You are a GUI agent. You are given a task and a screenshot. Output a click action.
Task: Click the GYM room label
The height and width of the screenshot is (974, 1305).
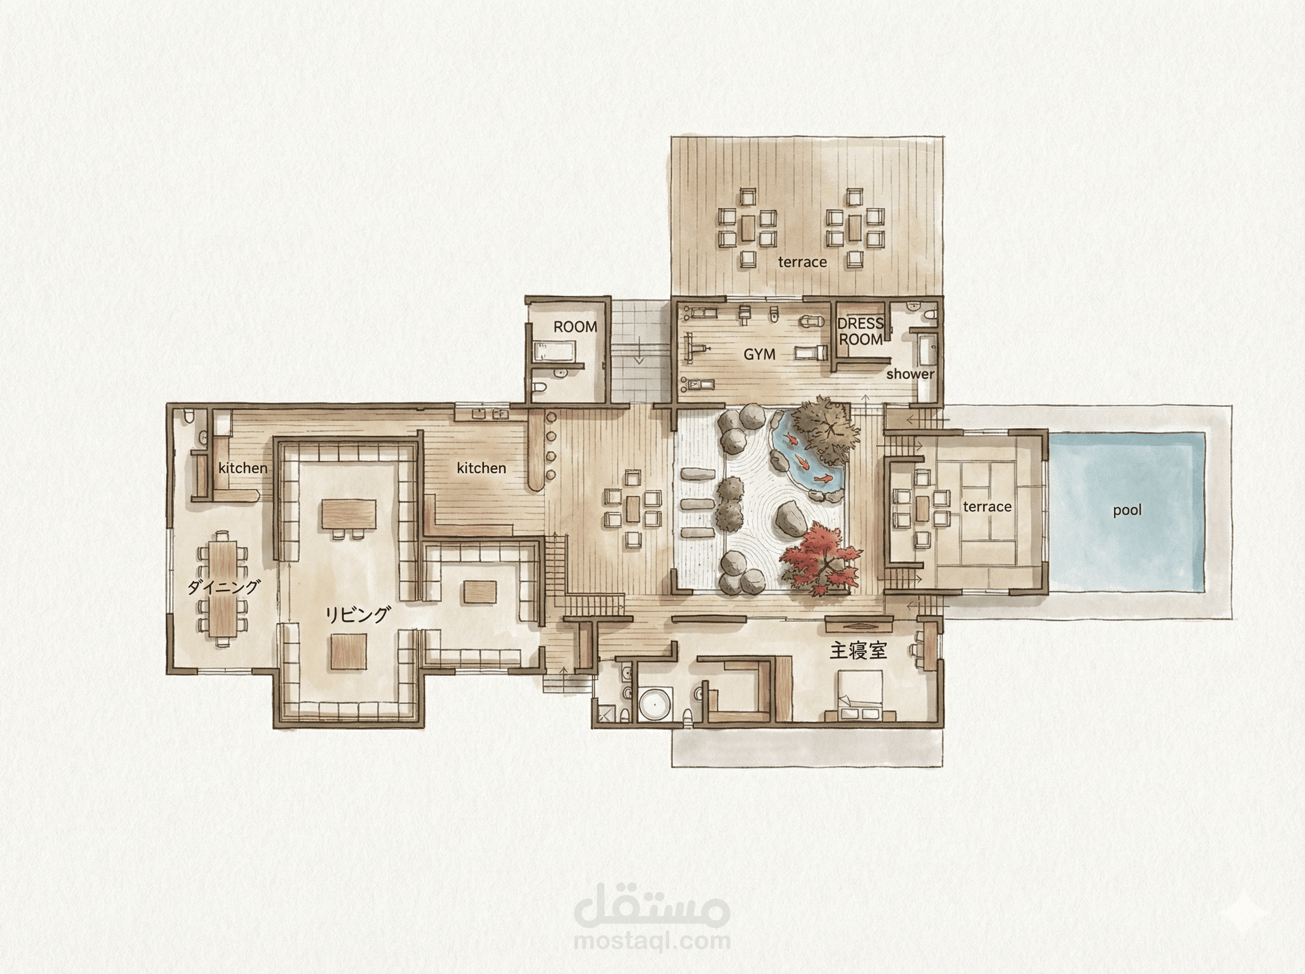coord(759,354)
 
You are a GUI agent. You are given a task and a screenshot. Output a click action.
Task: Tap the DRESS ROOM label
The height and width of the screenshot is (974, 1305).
coord(860,332)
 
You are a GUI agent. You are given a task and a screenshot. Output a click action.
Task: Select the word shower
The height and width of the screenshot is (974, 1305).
coord(910,374)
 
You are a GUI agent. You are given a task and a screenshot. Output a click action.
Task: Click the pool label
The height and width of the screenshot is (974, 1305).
coord(1127,510)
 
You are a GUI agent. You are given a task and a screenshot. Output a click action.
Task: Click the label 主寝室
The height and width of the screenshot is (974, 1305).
coord(858,651)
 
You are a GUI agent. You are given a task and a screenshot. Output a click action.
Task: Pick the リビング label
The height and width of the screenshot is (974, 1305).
coord(357,615)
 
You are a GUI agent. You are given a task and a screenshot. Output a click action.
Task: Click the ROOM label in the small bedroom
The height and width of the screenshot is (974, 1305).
coord(575,327)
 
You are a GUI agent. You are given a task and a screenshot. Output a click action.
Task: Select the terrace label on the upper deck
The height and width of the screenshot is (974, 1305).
coord(802,263)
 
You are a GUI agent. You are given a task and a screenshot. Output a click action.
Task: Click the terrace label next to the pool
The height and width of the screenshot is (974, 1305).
coord(987,507)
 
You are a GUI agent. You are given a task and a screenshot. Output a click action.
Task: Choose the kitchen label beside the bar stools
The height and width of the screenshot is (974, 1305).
coord(481,468)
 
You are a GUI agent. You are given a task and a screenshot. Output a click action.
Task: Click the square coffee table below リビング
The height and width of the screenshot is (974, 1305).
coord(349,652)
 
